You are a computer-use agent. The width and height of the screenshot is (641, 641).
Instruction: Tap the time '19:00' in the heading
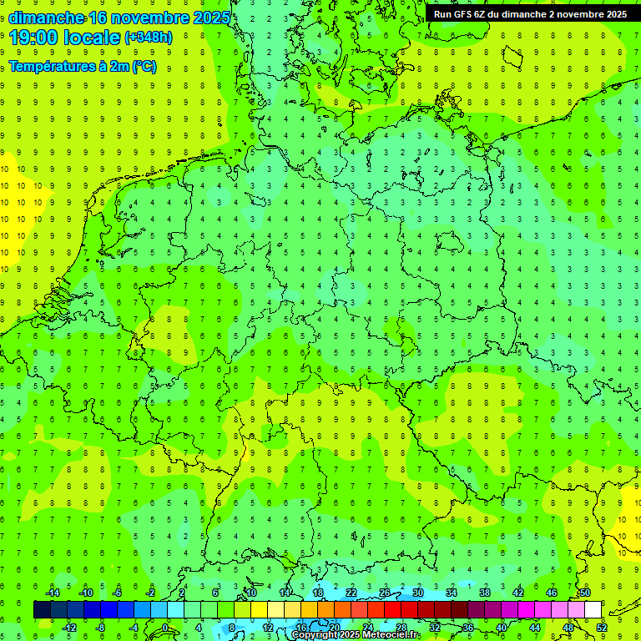point(33,38)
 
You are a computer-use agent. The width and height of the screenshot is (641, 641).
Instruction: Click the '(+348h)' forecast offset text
point(149,38)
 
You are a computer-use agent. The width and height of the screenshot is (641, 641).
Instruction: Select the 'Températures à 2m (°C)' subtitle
point(83,67)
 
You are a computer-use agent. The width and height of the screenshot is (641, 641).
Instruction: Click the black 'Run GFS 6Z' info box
point(530,14)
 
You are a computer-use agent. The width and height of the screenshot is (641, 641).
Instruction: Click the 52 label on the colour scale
point(601,628)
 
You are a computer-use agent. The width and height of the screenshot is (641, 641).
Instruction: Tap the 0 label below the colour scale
point(164,628)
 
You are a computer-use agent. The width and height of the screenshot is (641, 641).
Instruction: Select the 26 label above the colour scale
point(385,593)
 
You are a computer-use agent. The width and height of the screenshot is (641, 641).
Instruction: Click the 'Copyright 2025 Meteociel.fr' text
point(356,635)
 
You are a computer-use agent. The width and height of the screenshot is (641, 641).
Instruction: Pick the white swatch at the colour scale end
point(593,610)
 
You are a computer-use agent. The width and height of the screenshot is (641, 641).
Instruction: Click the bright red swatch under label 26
point(392,610)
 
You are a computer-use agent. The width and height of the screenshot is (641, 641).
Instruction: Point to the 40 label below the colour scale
point(501,628)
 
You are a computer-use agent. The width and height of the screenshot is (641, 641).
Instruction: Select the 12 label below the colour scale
point(267,628)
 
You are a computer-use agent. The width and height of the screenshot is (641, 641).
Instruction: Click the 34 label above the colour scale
point(452,593)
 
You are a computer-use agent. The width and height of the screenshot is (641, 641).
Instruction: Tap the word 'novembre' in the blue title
point(146,18)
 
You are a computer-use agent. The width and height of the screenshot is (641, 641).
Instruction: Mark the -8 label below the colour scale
point(100,628)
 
